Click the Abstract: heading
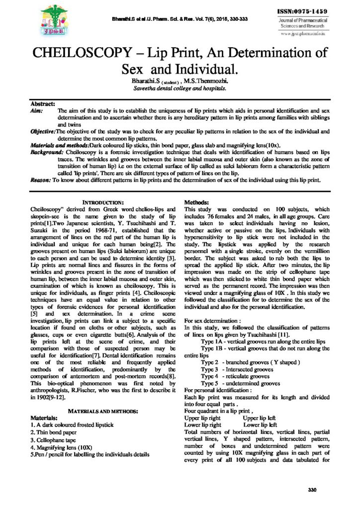click(43, 103)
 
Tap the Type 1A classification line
click(263, 342)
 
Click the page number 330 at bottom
click(312, 490)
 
